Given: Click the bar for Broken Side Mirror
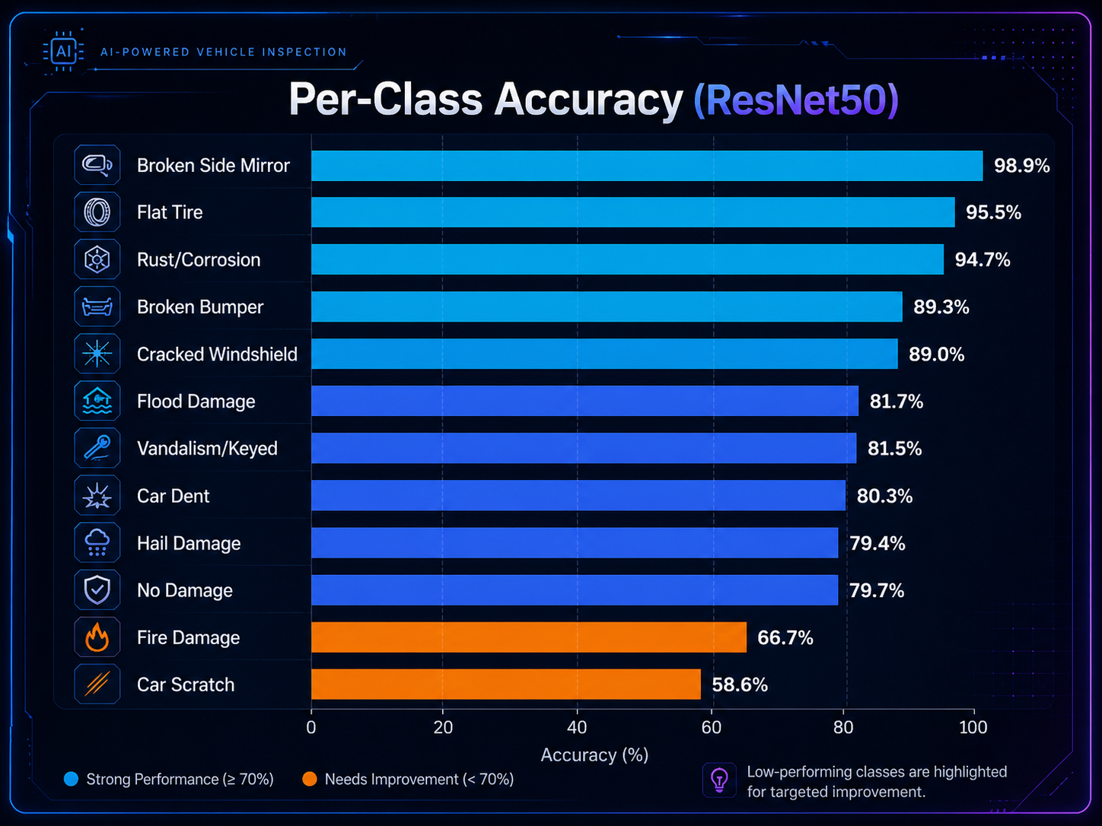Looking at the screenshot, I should pyautogui.click(x=647, y=166).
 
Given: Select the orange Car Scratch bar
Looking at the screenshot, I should pyautogui.click(x=505, y=685).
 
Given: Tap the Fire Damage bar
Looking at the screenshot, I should pyautogui.click(x=528, y=637).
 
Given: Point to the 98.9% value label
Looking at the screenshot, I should pyautogui.click(x=1021, y=166).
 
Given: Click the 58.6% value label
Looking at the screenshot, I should pyautogui.click(x=739, y=685).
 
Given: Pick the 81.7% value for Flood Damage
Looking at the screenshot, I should pyautogui.click(x=896, y=402).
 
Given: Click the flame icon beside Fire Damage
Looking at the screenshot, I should pyautogui.click(x=97, y=637).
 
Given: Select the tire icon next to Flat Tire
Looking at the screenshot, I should pyautogui.click(x=97, y=212).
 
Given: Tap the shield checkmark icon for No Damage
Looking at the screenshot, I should pyautogui.click(x=97, y=590).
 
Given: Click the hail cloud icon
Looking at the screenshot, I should pyautogui.click(x=97, y=543).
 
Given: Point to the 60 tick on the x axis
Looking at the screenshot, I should pyautogui.click(x=711, y=728).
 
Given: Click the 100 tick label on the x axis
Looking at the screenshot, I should pyautogui.click(x=973, y=728).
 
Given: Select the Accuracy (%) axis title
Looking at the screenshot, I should pyautogui.click(x=594, y=755).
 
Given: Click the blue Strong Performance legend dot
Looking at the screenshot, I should pyautogui.click(x=72, y=780).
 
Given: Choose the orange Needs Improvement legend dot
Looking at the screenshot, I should pyautogui.click(x=310, y=780).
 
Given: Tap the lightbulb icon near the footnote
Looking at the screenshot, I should pyautogui.click(x=719, y=780).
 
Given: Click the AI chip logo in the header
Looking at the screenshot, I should pyautogui.click(x=64, y=52).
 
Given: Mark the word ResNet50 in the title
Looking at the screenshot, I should pyautogui.click(x=796, y=100).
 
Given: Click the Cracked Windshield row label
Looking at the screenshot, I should pyautogui.click(x=217, y=354).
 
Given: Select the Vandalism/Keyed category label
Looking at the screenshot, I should pyautogui.click(x=207, y=449).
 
